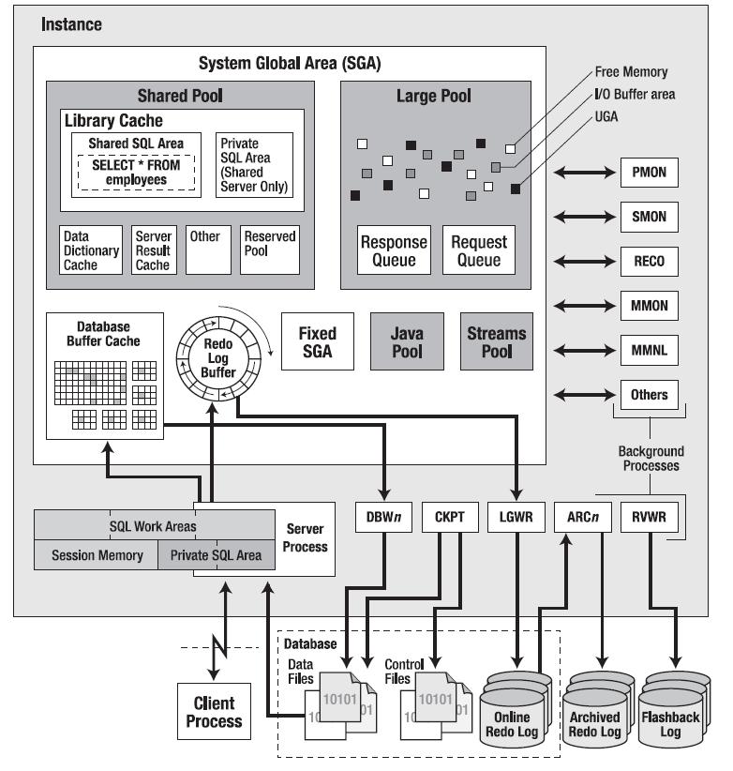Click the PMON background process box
tap(648, 173)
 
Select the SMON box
tap(648, 217)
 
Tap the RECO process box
tap(648, 261)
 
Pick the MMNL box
tap(648, 350)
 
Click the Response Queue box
tap(394, 249)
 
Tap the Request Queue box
tap(478, 249)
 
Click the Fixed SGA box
tap(317, 343)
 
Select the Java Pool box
tap(407, 343)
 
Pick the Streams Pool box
tap(496, 343)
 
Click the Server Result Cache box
tap(153, 250)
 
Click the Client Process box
tap(214, 712)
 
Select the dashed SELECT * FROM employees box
tap(137, 172)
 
